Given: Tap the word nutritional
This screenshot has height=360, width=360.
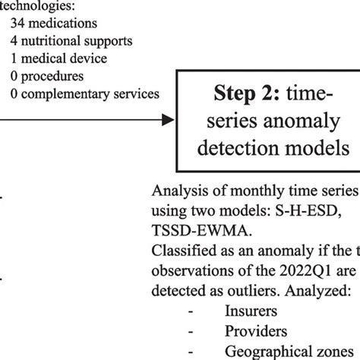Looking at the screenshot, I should (52, 40).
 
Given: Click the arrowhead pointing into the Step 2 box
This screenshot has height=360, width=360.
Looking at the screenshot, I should (171, 118).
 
